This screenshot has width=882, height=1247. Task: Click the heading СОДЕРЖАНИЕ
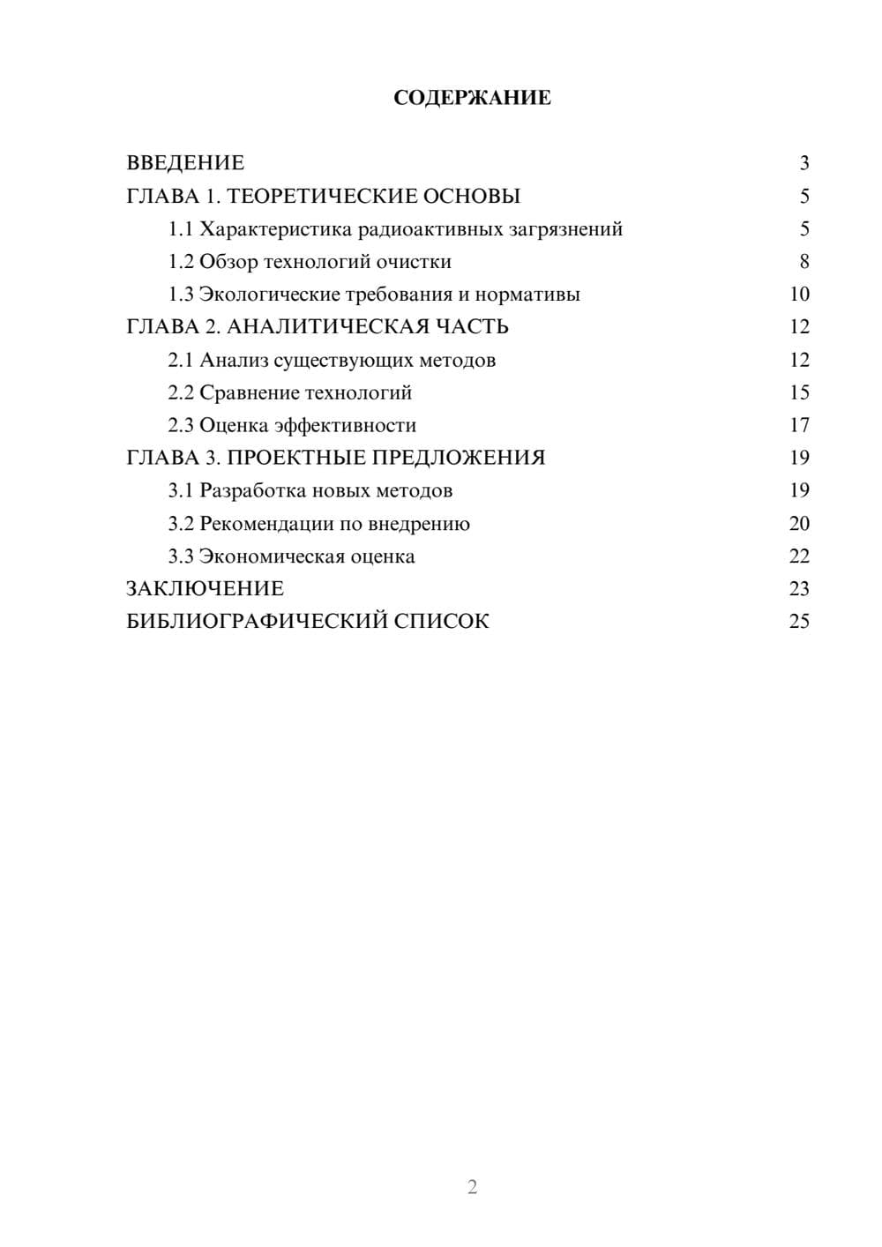click(472, 98)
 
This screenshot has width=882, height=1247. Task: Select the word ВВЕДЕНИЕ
click(185, 163)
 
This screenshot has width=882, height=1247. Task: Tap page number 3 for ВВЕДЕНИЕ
click(804, 163)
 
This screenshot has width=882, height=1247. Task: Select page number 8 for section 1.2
click(804, 262)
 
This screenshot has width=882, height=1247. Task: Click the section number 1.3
click(181, 295)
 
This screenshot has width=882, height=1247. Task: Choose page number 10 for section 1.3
click(799, 295)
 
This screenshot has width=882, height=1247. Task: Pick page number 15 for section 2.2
click(799, 392)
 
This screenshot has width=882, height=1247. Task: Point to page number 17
click(799, 425)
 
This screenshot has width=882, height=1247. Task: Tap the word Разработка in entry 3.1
click(253, 491)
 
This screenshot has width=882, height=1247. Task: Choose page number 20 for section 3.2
click(799, 524)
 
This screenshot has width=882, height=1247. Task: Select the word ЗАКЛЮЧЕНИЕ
click(205, 589)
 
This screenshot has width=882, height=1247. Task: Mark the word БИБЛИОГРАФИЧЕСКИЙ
click(256, 622)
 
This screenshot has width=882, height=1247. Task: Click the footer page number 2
click(472, 1187)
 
